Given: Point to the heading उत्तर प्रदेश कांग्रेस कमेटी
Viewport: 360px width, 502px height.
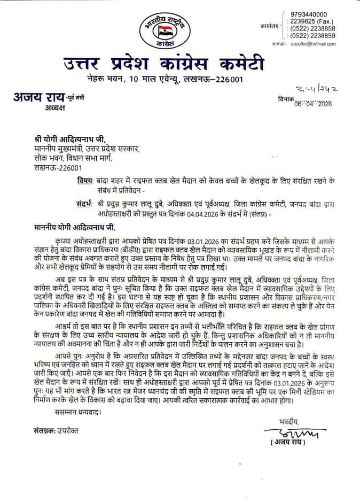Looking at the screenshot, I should (x=164, y=65).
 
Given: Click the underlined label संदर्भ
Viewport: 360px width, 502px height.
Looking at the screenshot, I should (x=84, y=203).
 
